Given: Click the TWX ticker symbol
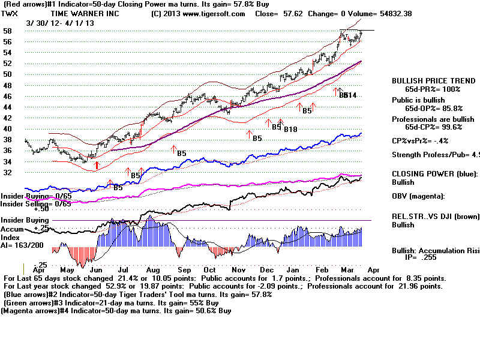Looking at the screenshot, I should tap(11, 13).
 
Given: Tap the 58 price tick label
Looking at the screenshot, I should tap(8, 30).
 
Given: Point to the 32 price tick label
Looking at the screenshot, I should tap(8, 172).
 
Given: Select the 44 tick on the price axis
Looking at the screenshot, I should tap(8, 107).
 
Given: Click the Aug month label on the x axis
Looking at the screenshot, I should tap(153, 271).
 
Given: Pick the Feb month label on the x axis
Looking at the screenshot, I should tap(322, 271).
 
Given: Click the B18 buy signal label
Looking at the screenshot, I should tap(290, 129).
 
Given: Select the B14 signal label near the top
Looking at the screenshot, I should tap(351, 95).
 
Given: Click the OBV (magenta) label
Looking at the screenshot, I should tap(419, 196).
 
